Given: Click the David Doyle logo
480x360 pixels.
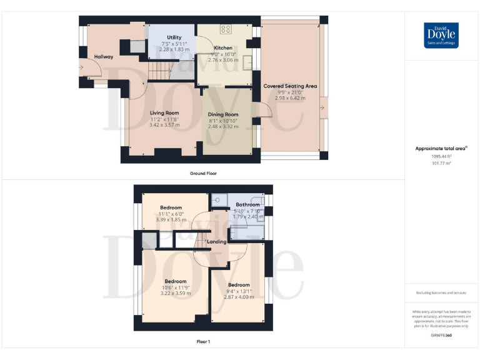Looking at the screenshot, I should (441, 36).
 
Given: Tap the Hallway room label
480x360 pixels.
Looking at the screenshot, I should (104, 57).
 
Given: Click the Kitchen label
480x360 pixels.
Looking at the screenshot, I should (223, 47).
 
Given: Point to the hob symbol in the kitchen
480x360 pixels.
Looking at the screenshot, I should (225, 29).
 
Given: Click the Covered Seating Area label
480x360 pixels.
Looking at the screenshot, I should (290, 86).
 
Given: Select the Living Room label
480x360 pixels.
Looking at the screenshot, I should (164, 113).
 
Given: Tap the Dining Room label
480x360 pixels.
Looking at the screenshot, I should (223, 114).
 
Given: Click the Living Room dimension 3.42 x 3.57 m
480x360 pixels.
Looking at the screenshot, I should (164, 125).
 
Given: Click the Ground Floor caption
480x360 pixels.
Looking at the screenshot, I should (204, 173).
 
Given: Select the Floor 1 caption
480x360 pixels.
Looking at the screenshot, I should (204, 342).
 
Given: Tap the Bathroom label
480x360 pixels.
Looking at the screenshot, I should (247, 204).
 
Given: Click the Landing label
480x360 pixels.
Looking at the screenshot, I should (216, 241).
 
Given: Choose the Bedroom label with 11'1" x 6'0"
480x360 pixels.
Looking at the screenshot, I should (171, 207).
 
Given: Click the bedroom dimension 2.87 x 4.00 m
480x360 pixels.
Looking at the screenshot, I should (239, 296).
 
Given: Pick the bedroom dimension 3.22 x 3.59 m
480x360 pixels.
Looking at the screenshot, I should (176, 292).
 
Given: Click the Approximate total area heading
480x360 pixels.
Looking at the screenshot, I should (441, 149).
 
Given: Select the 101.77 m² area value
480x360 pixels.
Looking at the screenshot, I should (441, 162).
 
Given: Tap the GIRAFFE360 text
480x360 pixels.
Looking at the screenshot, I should (441, 336).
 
